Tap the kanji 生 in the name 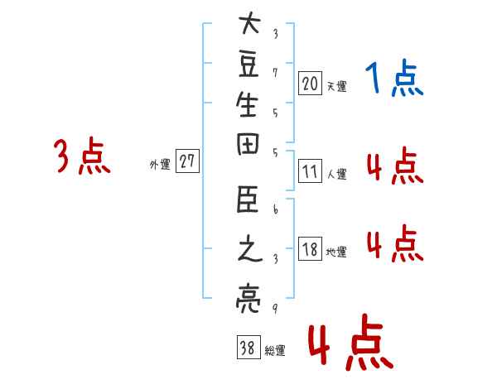[x=247, y=104]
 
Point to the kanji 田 [x=248, y=144]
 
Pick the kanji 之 [x=250, y=248]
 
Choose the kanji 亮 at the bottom [x=248, y=299]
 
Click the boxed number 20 [x=310, y=83]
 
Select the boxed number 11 [x=310, y=170]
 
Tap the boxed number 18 [x=310, y=248]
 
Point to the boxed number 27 [x=187, y=161]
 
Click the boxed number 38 [x=248, y=347]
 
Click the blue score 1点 [x=394, y=78]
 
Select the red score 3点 [x=82, y=156]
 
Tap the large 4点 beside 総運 [x=351, y=343]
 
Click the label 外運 [x=160, y=165]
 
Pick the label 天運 [x=337, y=86]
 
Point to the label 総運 [x=275, y=351]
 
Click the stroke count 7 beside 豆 [x=275, y=73]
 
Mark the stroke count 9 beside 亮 [x=275, y=308]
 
